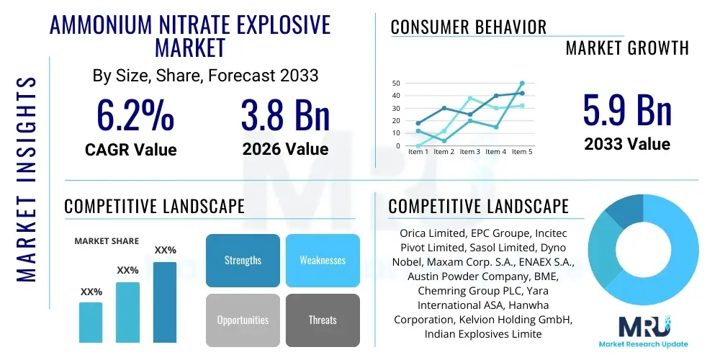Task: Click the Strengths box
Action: click(243, 260)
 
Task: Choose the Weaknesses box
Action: click(323, 260)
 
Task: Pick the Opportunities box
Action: click(243, 320)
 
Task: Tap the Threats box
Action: click(323, 320)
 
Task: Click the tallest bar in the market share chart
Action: click(165, 302)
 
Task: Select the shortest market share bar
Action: click(91, 322)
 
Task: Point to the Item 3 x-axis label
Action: click(469, 152)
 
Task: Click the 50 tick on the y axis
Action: click(396, 84)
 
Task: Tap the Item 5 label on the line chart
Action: click(521, 152)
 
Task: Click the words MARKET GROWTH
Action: click(626, 48)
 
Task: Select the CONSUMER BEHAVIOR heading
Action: click(468, 27)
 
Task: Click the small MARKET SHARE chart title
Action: click(107, 241)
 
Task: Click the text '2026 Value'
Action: click(285, 149)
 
